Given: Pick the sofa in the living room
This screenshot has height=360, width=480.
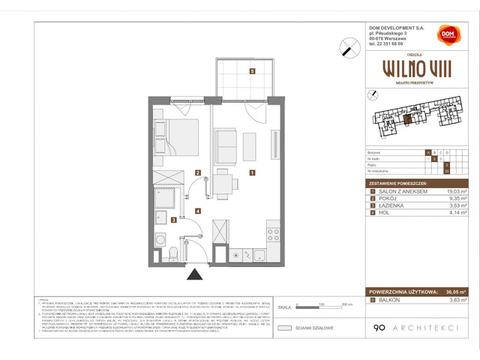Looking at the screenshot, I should pyautogui.click(x=226, y=145).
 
